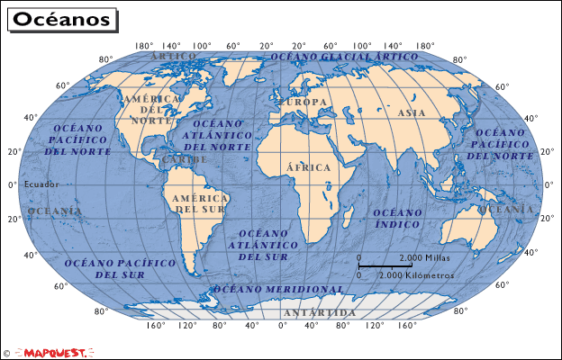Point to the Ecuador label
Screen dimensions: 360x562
[x=41, y=184]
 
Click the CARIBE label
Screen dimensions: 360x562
[x=185, y=159]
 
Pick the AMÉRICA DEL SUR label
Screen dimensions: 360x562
[x=199, y=203]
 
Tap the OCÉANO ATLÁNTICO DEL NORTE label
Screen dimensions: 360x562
[x=217, y=135]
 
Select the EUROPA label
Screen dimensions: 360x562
[x=304, y=102]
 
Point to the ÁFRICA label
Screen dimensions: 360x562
[x=309, y=167]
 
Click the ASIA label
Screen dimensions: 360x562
[x=411, y=113]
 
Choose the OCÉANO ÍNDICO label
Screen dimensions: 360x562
[x=397, y=218]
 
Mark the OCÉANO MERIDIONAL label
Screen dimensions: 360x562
[x=278, y=290]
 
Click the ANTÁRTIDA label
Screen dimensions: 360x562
[x=319, y=312]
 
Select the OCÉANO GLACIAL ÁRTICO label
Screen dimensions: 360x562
[x=345, y=56]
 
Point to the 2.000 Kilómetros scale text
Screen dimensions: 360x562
[x=416, y=274]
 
